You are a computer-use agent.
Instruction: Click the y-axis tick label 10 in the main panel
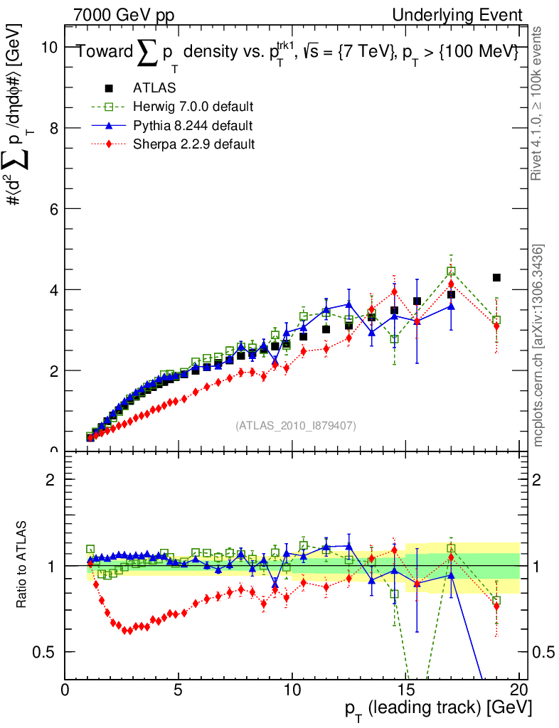tap(49, 47)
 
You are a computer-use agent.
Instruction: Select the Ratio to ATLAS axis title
tap(23, 565)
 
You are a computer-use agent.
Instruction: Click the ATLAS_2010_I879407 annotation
tap(296, 426)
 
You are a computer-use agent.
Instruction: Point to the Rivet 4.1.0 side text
tap(538, 103)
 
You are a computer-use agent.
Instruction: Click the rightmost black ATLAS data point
tap(496, 277)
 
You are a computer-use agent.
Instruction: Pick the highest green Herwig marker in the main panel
tap(451, 272)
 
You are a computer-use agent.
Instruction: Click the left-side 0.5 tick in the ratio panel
tap(50, 652)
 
